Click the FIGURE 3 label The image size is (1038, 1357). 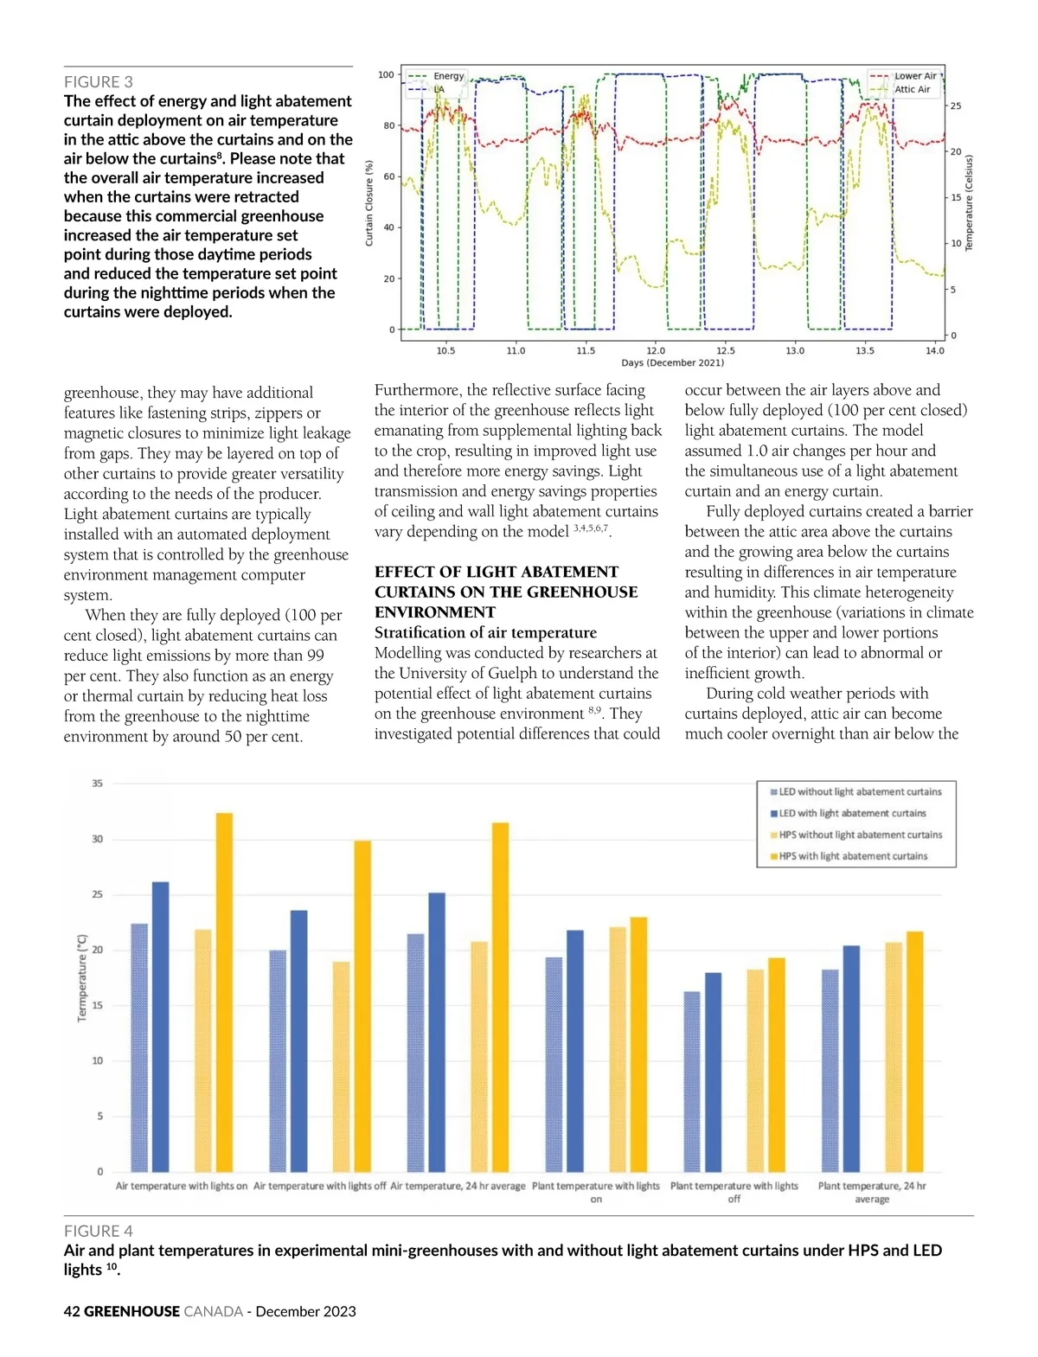[99, 82]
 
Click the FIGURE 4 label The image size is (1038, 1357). [99, 1231]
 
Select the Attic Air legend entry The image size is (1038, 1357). [912, 90]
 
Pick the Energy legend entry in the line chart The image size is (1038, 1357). [448, 76]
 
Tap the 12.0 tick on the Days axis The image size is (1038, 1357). [656, 351]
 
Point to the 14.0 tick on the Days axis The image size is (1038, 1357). [935, 351]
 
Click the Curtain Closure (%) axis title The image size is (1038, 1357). [369, 203]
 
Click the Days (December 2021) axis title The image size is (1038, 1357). [672, 363]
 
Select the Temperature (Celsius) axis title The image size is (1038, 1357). [969, 203]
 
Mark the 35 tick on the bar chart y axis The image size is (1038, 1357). [98, 784]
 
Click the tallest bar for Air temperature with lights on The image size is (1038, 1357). [224, 992]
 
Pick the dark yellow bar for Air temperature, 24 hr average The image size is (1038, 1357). [500, 996]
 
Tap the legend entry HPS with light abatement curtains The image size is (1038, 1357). [852, 856]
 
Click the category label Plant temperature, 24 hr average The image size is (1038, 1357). [872, 1192]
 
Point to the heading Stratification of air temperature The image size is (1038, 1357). [485, 632]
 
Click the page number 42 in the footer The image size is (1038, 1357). [72, 1311]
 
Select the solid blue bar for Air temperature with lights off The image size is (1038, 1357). [298, 1040]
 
